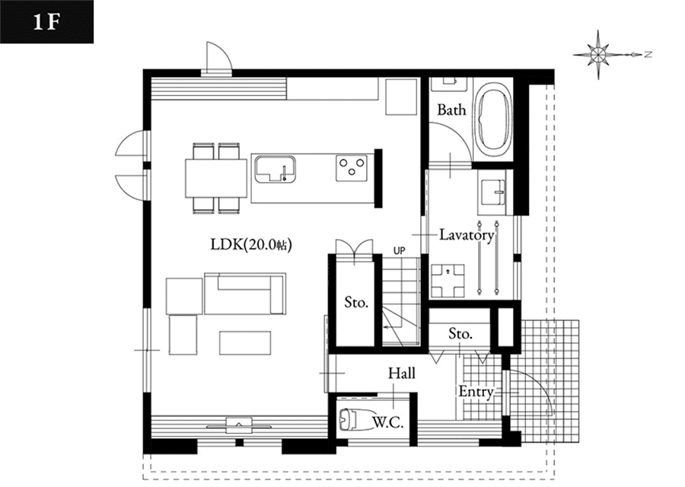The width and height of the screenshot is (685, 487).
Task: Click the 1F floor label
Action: tap(46, 22)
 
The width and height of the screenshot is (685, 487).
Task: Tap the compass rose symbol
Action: tap(597, 55)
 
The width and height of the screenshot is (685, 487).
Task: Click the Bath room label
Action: tap(451, 110)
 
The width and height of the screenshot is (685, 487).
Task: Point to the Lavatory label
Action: tap(467, 235)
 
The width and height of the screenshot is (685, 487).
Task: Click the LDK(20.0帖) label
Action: tap(251, 244)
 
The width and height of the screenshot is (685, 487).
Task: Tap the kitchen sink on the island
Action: tap(276, 169)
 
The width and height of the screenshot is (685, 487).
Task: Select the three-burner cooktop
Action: tap(352, 168)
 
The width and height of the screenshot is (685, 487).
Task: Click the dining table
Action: tap(216, 178)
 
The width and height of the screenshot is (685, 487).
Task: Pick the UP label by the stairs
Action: tap(400, 250)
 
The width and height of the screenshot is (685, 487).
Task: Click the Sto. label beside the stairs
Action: tap(356, 302)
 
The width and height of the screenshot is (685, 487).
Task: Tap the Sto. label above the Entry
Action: tap(460, 334)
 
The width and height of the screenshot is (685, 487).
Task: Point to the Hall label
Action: tap(402, 373)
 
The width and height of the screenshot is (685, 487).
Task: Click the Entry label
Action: tap(476, 391)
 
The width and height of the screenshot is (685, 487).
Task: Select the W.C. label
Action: tap(388, 422)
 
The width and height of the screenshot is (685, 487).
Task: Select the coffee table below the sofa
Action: tap(245, 343)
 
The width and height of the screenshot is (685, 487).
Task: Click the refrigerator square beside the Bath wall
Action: tap(401, 97)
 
